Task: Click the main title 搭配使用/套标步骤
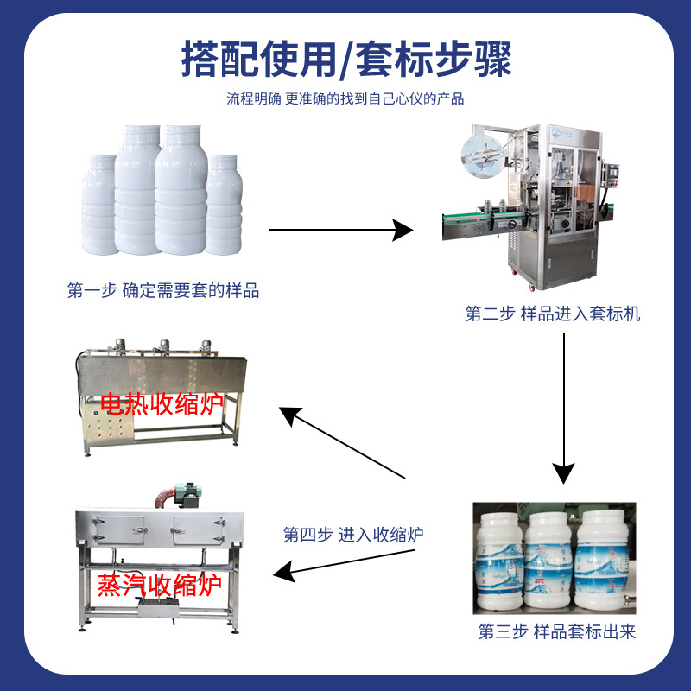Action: [x=345, y=60]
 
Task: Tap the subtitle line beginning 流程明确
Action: [x=345, y=98]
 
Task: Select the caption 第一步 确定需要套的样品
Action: [x=163, y=291]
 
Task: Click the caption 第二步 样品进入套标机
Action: [x=553, y=314]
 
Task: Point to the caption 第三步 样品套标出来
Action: [x=557, y=632]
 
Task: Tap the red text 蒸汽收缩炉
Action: [x=161, y=586]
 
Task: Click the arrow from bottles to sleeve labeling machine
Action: [x=341, y=230]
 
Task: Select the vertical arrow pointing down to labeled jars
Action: [x=563, y=406]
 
